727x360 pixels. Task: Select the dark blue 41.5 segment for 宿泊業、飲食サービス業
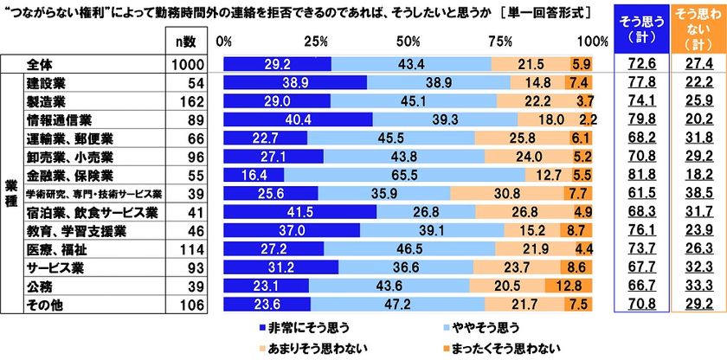[300, 212]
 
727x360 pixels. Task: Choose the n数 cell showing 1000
[189, 63]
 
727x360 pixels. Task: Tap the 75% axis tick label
[499, 41]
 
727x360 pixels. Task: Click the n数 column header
[189, 41]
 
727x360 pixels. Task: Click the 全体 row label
[39, 63]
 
